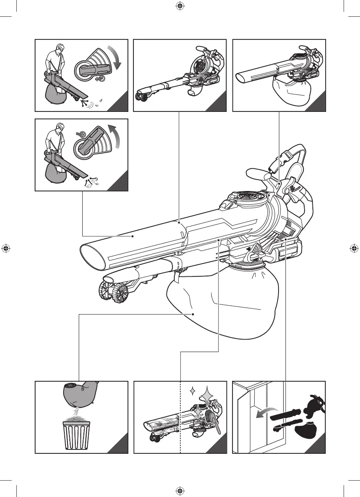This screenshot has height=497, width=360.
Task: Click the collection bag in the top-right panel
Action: [291, 92]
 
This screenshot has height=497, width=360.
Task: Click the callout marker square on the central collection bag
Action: [193, 314]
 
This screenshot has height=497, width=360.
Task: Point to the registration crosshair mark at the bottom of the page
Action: [180, 490]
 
